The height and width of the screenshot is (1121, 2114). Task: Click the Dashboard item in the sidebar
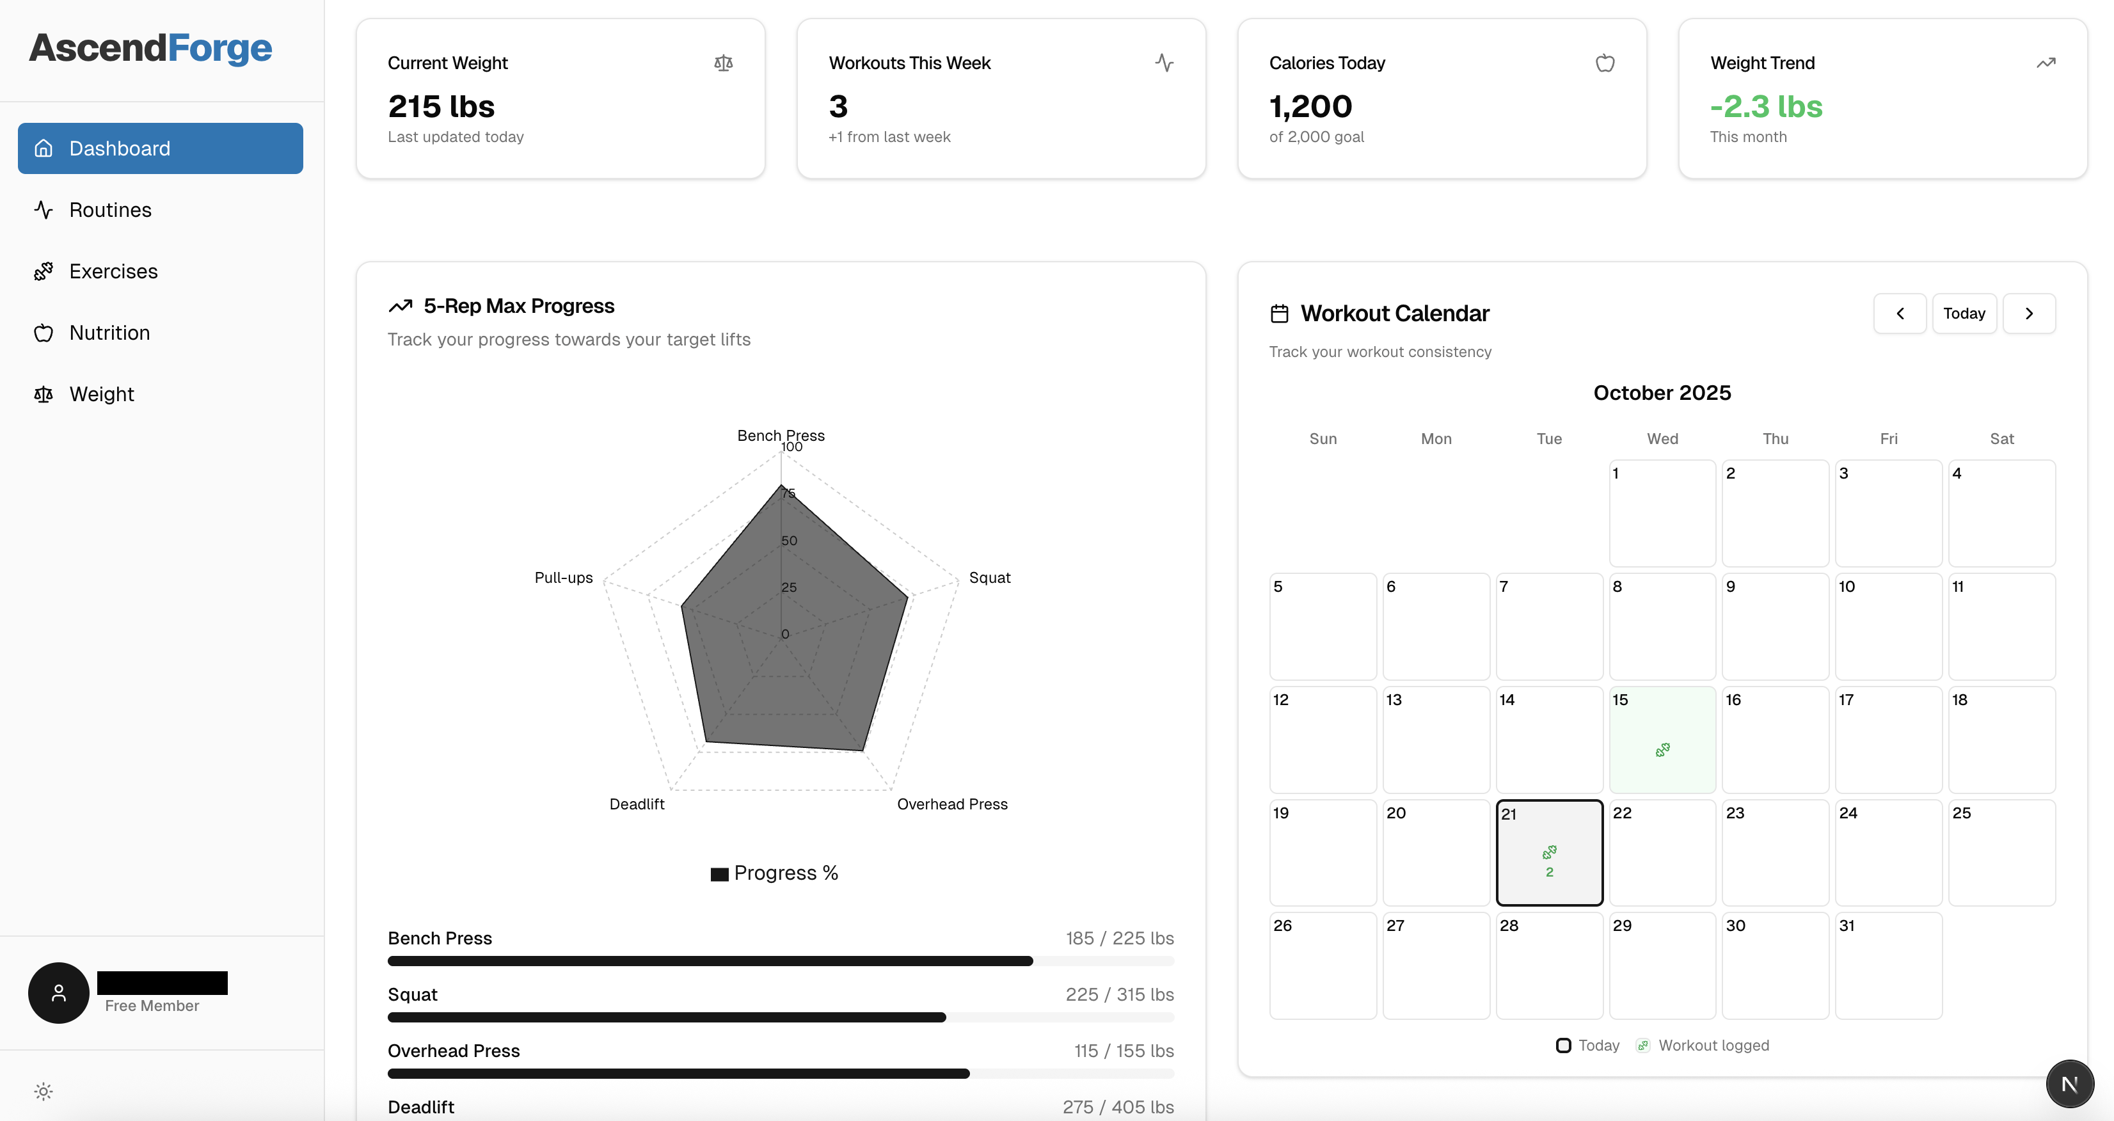160,148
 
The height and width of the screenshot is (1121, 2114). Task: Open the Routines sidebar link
110,210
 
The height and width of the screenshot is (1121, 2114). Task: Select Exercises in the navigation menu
113,272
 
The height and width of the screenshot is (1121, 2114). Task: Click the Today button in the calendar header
1964,314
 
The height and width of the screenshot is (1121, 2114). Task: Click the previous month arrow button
1900,314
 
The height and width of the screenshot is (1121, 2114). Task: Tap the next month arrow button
2029,314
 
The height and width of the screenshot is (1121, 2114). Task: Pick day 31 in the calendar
1888,965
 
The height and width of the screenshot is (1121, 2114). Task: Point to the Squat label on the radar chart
990,578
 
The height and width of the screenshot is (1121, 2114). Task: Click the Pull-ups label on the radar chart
563,578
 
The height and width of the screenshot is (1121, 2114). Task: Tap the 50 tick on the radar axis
789,541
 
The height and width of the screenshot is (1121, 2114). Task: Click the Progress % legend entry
775,873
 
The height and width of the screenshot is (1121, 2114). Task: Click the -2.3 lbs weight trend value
1766,107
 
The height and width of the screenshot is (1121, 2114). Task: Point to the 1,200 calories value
1310,107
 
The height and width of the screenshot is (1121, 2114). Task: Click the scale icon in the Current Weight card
723,63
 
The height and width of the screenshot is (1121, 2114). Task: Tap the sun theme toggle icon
44,1092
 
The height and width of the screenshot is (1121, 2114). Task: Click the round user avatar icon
59,993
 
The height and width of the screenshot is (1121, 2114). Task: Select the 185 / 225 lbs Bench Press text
1119,938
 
